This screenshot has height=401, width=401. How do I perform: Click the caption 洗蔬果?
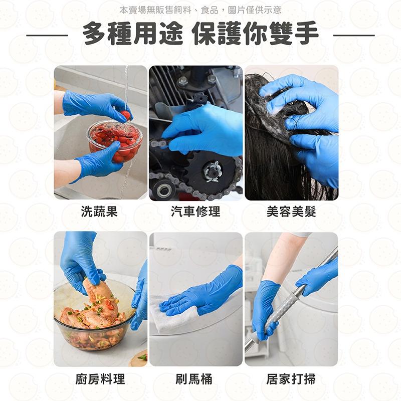click(x=99, y=212)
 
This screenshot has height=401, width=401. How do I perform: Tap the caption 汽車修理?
click(x=195, y=212)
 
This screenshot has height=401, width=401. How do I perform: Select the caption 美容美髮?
click(x=291, y=212)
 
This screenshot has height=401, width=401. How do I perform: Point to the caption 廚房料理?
click(x=100, y=379)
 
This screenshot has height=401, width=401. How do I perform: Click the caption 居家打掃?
click(x=291, y=379)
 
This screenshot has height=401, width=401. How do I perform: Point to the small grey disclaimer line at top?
click(x=200, y=10)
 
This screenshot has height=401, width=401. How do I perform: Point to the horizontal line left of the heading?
click(x=47, y=36)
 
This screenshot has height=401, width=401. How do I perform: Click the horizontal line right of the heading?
click(x=354, y=36)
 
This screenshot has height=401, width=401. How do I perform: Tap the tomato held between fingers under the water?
click(x=126, y=115)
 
